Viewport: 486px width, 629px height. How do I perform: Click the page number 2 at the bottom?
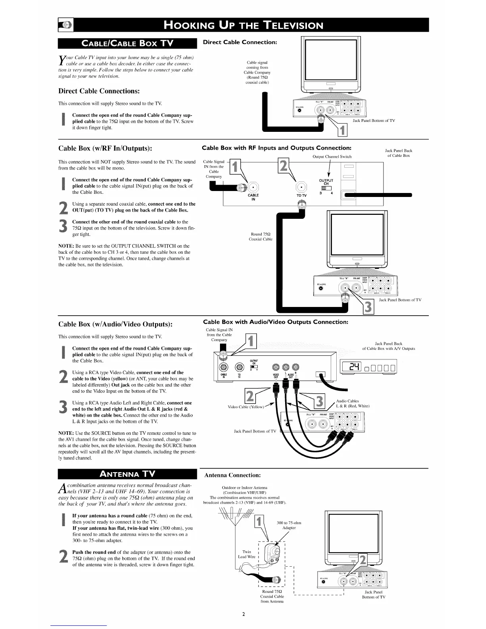[243, 614]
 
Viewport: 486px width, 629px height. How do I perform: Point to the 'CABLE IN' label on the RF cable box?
[253, 197]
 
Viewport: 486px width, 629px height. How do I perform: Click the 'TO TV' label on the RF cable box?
[302, 195]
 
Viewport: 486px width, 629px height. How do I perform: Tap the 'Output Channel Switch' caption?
[332, 156]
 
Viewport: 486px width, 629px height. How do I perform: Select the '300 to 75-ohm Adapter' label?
[289, 525]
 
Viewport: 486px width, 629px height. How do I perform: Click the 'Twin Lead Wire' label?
[247, 554]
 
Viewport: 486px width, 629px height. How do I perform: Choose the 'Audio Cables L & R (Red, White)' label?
[353, 403]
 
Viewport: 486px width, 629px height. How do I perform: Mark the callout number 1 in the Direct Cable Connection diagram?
[342, 130]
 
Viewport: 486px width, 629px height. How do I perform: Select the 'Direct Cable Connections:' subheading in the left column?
[99, 91]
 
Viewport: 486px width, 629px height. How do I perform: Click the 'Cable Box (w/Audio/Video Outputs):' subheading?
[115, 324]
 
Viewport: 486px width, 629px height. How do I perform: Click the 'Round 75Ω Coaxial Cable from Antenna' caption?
[272, 596]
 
